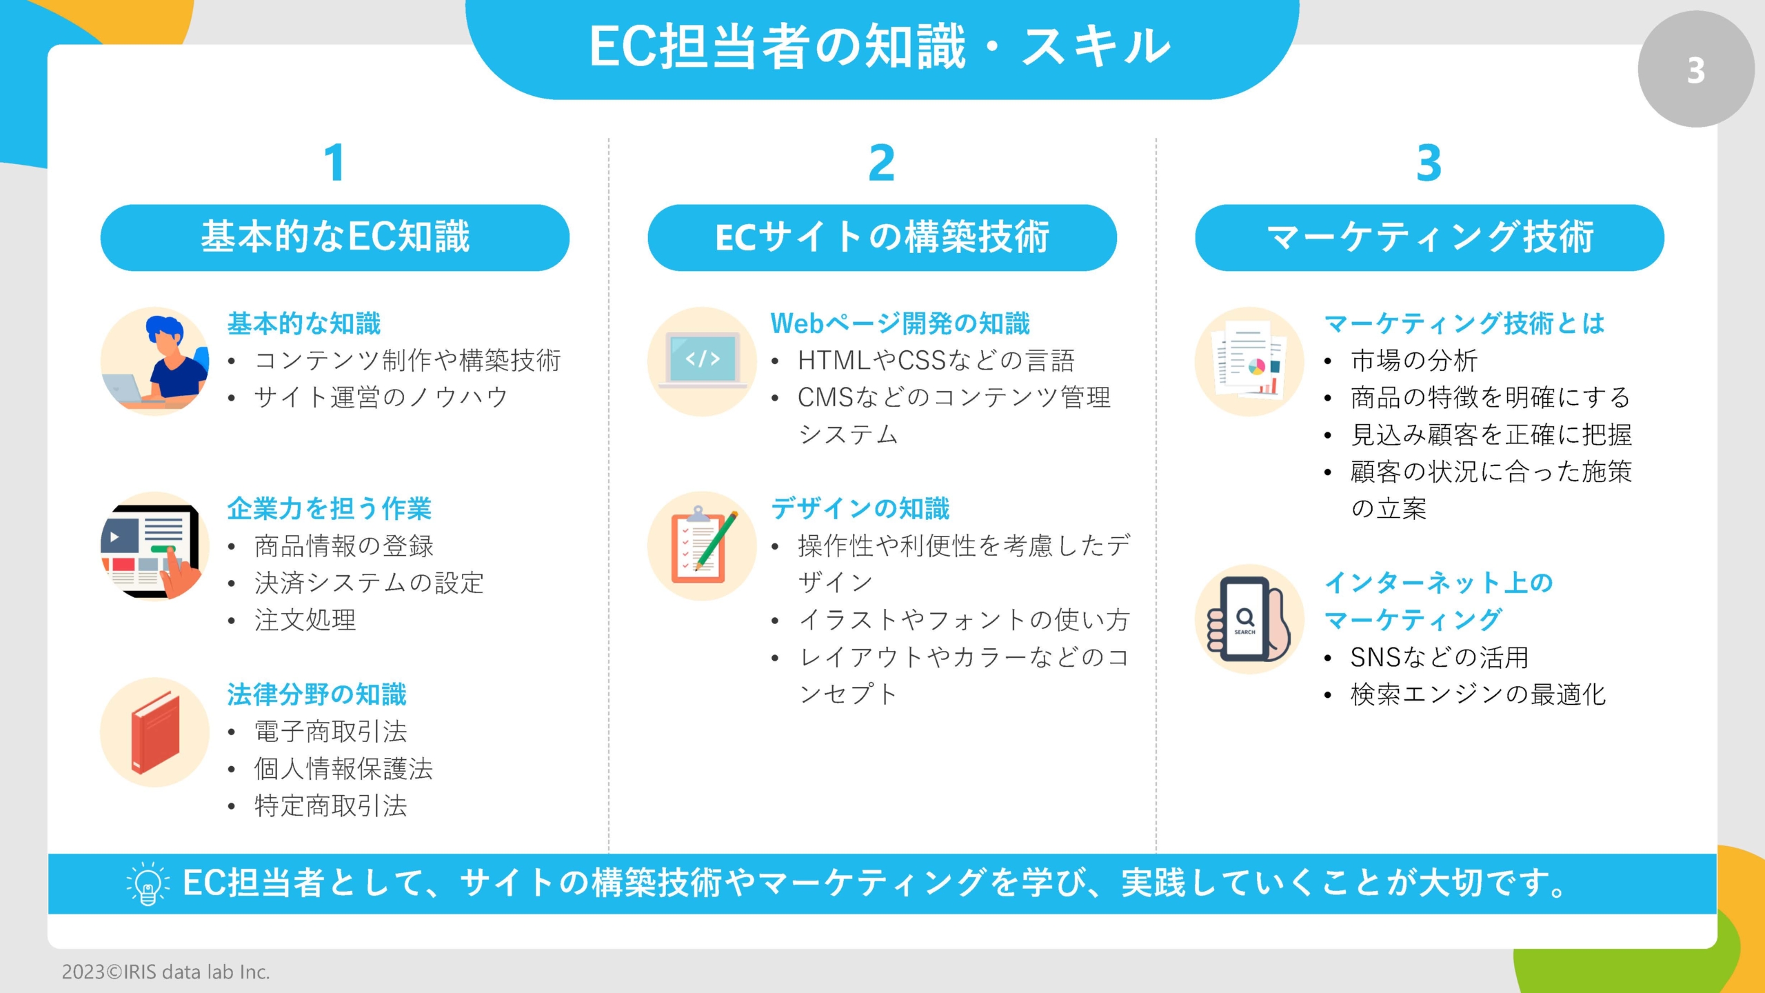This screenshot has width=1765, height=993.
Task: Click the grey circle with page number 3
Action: pyautogui.click(x=1695, y=69)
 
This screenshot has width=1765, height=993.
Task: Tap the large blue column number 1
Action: pyautogui.click(x=334, y=163)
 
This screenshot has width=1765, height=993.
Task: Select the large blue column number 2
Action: pyautogui.click(x=881, y=163)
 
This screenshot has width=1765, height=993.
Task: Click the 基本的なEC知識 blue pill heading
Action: pyautogui.click(x=335, y=237)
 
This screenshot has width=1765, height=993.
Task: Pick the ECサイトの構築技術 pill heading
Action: pyautogui.click(x=882, y=237)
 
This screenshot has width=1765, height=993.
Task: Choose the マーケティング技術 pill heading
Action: pyautogui.click(x=1429, y=237)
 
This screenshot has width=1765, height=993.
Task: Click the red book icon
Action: pyautogui.click(x=155, y=732)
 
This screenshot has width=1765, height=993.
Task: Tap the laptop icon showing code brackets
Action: pyautogui.click(x=703, y=361)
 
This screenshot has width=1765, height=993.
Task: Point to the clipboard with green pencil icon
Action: pyautogui.click(x=703, y=545)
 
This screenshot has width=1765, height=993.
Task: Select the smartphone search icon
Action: pyautogui.click(x=1249, y=619)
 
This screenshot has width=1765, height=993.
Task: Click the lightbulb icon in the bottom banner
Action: pyautogui.click(x=147, y=883)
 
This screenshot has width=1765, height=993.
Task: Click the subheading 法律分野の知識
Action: pyautogui.click(x=317, y=694)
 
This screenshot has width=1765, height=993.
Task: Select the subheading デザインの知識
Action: pyautogui.click(x=860, y=509)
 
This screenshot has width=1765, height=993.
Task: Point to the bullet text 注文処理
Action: pyautogui.click(x=305, y=620)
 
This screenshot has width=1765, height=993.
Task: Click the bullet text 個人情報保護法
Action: pyautogui.click(x=343, y=769)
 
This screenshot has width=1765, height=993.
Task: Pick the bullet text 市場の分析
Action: pyautogui.click(x=1413, y=361)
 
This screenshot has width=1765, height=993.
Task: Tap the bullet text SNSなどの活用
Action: pyautogui.click(x=1440, y=657)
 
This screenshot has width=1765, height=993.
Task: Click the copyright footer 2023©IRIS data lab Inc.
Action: pyautogui.click(x=165, y=972)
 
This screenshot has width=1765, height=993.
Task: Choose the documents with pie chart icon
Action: pyautogui.click(x=1249, y=361)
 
